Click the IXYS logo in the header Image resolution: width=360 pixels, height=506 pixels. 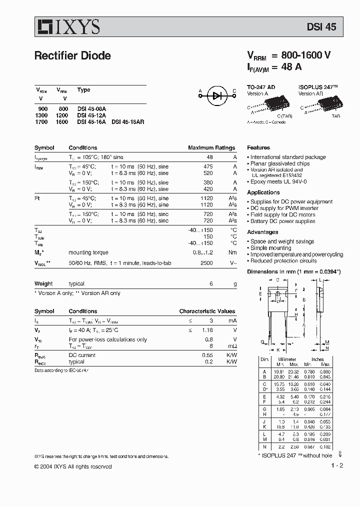click(x=67, y=26)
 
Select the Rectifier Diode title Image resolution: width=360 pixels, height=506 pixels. click(x=72, y=55)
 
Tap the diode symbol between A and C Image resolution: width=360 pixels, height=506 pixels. click(x=217, y=96)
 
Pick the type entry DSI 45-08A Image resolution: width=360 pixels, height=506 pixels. click(x=91, y=108)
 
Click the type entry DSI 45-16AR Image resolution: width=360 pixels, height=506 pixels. click(x=127, y=121)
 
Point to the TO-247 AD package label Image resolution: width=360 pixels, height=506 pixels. click(x=260, y=87)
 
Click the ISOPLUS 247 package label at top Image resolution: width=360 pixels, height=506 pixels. click(x=318, y=87)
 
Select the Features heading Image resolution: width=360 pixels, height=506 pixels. click(x=258, y=148)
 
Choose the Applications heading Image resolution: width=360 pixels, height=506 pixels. click(x=263, y=192)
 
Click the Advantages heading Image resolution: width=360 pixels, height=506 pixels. click(x=262, y=232)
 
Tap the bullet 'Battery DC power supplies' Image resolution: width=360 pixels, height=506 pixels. click(x=282, y=221)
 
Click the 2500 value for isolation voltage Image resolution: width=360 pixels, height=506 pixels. click(x=206, y=262)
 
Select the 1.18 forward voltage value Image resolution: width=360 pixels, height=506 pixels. click(x=206, y=330)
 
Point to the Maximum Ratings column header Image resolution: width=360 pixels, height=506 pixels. click(x=211, y=148)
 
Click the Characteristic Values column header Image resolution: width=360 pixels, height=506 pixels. click(x=207, y=311)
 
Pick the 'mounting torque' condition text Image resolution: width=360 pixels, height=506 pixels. click(x=88, y=252)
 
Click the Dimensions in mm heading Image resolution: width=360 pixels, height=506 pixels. click(x=294, y=271)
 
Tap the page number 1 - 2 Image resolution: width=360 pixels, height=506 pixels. click(x=337, y=466)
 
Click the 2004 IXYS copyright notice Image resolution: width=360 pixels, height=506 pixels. click(x=73, y=466)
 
